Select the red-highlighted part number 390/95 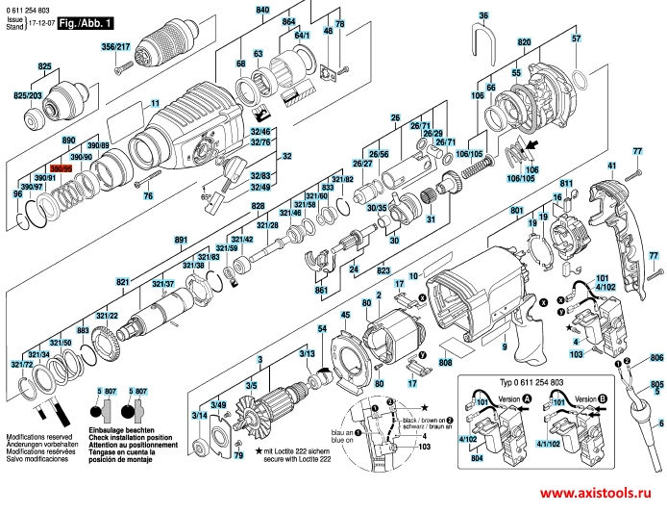(61, 167)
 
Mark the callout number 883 (84, 330)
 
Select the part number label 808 (445, 363)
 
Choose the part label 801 (516, 211)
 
